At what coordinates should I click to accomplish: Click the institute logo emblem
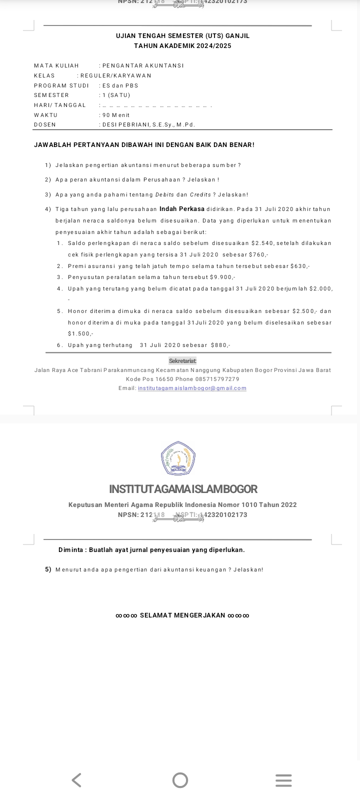[178, 458]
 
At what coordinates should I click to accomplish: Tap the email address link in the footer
[192, 388]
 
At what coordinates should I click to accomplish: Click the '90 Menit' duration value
[116, 115]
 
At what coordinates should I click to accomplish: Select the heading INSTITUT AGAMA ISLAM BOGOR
[183, 489]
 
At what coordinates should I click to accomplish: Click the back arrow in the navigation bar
[76, 780]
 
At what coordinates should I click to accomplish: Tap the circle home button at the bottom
[180, 780]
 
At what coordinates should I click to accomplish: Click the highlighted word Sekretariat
[182, 361]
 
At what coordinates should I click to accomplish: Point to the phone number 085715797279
[217, 379]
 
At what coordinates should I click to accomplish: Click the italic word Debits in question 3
[165, 195]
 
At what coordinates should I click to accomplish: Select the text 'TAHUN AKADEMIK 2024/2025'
[182, 46]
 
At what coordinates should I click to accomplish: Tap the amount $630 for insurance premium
[299, 266]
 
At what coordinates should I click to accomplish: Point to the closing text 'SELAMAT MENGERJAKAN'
[182, 615]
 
